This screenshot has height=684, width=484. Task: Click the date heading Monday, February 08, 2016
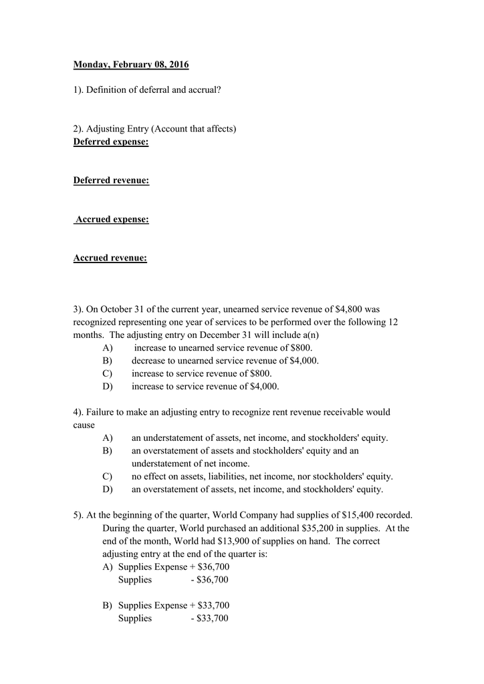click(131, 65)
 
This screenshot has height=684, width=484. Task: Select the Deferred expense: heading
click(111, 142)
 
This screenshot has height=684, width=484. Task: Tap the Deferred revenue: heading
click(111, 180)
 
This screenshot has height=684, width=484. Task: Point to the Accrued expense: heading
click(112, 219)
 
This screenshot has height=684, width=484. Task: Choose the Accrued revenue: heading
click(110, 258)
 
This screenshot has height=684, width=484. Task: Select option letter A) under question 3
click(108, 348)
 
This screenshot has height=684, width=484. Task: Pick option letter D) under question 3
click(108, 386)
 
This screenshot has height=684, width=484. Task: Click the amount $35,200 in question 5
click(304, 528)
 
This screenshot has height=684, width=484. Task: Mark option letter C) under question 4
click(108, 476)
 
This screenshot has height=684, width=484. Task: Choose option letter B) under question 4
click(108, 451)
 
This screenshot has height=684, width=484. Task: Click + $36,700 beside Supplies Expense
click(209, 566)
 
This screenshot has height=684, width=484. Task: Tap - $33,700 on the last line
click(209, 618)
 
